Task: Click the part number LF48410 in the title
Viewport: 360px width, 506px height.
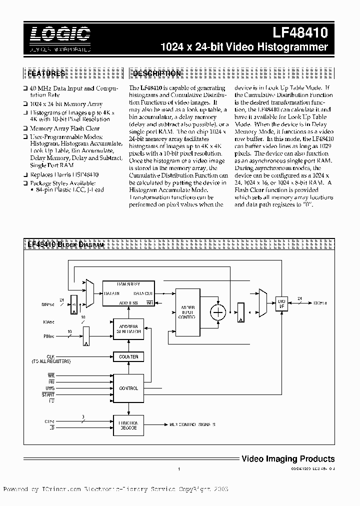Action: coord(300,33)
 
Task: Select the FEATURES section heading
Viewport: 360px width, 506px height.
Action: coord(46,73)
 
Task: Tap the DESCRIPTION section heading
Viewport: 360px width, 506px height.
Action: coord(156,73)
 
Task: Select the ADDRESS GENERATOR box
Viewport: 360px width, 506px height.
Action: coord(128,328)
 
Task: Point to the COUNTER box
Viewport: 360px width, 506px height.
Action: coord(128,356)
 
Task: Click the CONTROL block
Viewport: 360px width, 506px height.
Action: coord(128,388)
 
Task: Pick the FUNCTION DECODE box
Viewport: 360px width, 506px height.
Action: coord(128,425)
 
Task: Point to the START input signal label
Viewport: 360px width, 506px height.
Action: coord(48,394)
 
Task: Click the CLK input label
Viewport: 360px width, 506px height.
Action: coord(50,356)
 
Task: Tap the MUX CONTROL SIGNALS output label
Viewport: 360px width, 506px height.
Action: coord(192,424)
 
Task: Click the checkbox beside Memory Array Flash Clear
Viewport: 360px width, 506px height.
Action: coord(25,128)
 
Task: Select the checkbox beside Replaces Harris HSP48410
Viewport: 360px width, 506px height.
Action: coord(25,175)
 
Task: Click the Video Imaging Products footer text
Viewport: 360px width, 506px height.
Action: coord(288,458)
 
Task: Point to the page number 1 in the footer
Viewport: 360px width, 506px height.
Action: coord(178,469)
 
